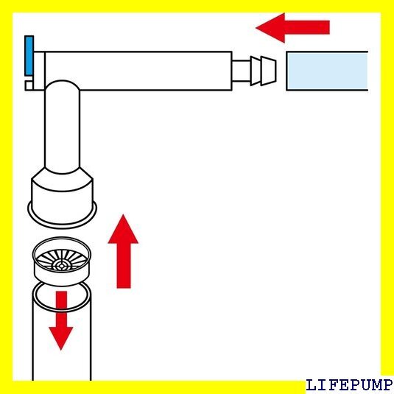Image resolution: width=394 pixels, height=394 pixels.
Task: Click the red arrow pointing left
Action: coord(292,27)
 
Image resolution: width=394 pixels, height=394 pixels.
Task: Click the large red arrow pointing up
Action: coord(123,251)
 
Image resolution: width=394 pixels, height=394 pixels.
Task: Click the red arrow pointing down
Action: coord(61,320)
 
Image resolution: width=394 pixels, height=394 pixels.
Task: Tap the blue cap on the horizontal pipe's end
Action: coord(29,55)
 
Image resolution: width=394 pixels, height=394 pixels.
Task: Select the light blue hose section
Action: coord(327,71)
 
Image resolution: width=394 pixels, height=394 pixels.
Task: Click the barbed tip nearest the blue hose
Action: coord(269,71)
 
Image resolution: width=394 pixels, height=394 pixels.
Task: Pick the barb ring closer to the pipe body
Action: coord(256,71)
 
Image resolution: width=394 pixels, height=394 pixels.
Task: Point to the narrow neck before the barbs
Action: coord(241,71)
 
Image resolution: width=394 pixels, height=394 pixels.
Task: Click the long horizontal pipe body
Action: coord(138,71)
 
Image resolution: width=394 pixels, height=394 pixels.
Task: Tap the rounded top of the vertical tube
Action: coord(62,85)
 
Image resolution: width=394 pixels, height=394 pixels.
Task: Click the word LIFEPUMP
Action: coord(349,385)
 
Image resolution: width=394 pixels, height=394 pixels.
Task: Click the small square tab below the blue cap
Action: coord(29,85)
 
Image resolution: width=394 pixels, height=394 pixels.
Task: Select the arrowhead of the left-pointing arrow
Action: coord(270,28)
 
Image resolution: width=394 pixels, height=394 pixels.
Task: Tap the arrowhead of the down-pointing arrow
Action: coord(61,339)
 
